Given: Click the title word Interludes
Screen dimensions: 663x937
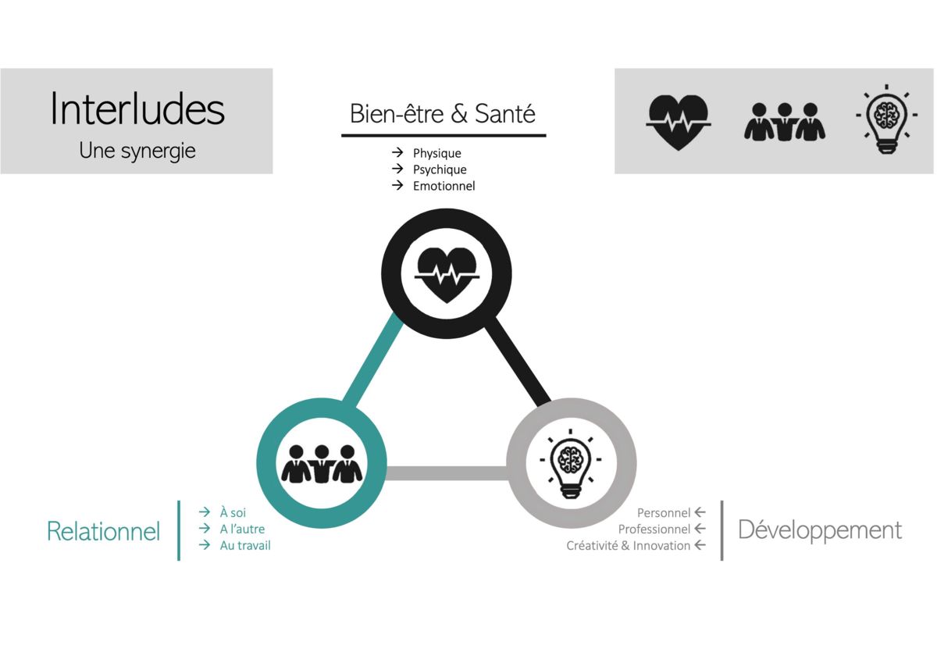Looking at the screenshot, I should click(x=137, y=109).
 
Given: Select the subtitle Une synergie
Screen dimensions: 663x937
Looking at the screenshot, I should click(x=137, y=151).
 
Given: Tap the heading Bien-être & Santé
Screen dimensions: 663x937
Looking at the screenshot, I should click(x=443, y=114).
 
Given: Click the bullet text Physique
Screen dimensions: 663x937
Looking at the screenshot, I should click(x=436, y=153).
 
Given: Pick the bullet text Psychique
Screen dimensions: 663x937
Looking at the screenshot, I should click(x=440, y=169).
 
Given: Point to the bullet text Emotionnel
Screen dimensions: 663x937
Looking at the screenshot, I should click(x=444, y=186).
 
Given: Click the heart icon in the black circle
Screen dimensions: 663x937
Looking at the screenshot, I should click(x=446, y=274).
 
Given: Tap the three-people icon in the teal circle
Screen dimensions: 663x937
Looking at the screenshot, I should click(x=322, y=463).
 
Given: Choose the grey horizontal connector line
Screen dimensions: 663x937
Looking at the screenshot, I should click(x=447, y=472).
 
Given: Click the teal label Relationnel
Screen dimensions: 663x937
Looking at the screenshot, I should click(x=103, y=532).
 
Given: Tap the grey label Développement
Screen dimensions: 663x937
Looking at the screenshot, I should click(x=820, y=530).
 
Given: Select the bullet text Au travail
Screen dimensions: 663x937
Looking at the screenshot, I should click(x=245, y=546).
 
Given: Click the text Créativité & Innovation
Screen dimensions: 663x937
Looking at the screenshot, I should click(x=629, y=546).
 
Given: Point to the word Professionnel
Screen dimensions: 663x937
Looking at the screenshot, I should click(x=654, y=529).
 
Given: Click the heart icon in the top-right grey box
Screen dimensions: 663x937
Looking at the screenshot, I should click(x=679, y=121).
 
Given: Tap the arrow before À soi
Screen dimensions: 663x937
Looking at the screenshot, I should click(x=205, y=512).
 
